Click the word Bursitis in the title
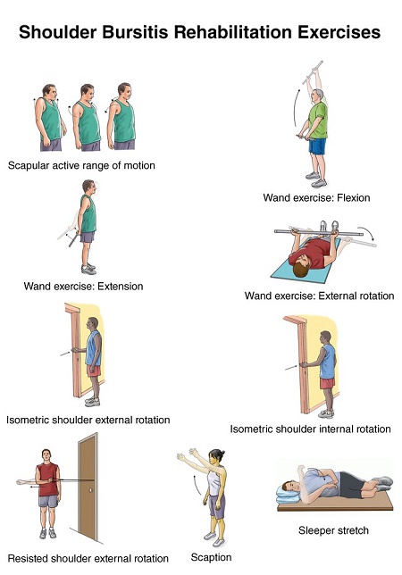pyautogui.click(x=136, y=32)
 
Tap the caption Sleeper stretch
pyautogui.click(x=333, y=530)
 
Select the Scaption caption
pyautogui.click(x=211, y=558)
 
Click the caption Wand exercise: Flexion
pyautogui.click(x=316, y=198)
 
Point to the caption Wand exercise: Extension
pyautogui.click(x=83, y=286)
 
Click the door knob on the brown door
pyautogui.click(x=90, y=490)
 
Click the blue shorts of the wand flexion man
pyautogui.click(x=317, y=146)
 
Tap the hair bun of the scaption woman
pyautogui.click(x=222, y=454)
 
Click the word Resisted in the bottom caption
pyautogui.click(x=28, y=559)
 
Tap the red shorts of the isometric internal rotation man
pyautogui.click(x=327, y=383)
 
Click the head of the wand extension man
pyautogui.click(x=88, y=187)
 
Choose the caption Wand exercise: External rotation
pyautogui.click(x=319, y=296)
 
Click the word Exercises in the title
pyautogui.click(x=339, y=32)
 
